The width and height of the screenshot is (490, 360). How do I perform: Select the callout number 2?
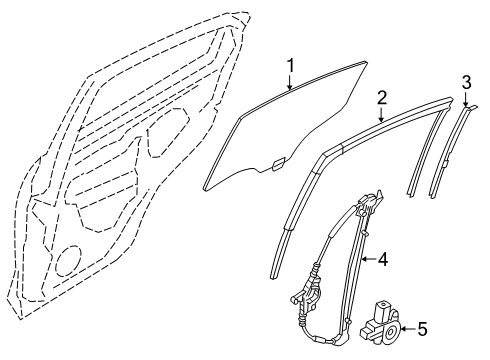[382, 97]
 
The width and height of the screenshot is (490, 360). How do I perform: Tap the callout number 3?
[466, 81]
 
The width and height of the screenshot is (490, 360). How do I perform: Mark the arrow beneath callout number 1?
[290, 85]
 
